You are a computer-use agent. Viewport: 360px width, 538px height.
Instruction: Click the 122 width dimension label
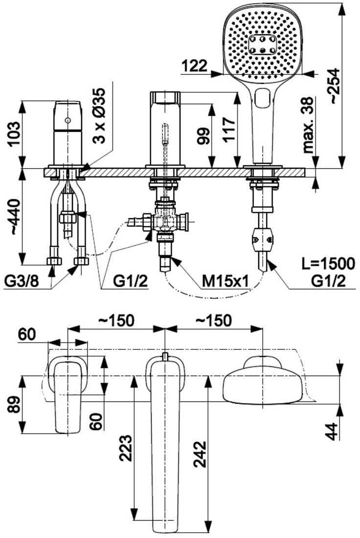194,66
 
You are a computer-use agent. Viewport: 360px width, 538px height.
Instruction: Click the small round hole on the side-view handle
67,120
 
